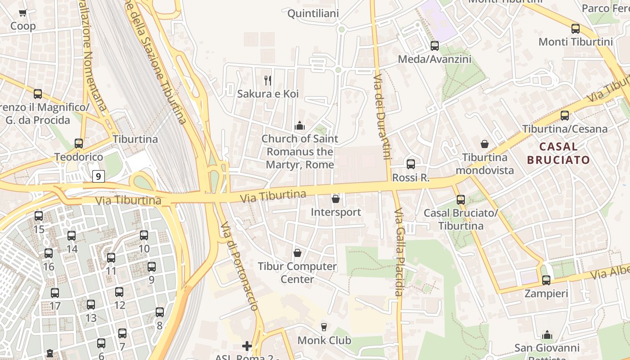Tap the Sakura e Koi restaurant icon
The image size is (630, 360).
pos(268,81)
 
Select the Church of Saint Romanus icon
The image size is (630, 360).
pos(299,126)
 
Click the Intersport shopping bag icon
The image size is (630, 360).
pos(335,199)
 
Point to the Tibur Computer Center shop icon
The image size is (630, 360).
pos(297,253)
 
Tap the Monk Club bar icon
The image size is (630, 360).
pos(324,327)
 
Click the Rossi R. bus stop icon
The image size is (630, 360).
pos(411,164)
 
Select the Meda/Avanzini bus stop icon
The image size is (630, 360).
pos(434,45)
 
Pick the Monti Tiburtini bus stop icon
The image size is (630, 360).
pos(575,29)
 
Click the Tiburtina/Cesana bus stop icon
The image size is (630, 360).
pos(564,116)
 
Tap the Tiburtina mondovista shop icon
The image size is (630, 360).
pos(485,144)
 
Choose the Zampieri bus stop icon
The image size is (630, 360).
pos(546,280)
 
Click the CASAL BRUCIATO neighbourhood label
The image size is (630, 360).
pos(558,153)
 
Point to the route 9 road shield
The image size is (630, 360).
pos(99,176)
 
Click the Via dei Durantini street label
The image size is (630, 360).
pos(381,117)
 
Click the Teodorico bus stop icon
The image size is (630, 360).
pos(79,144)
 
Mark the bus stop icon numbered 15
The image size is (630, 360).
pos(39,216)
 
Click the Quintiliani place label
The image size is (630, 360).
pos(313,13)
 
